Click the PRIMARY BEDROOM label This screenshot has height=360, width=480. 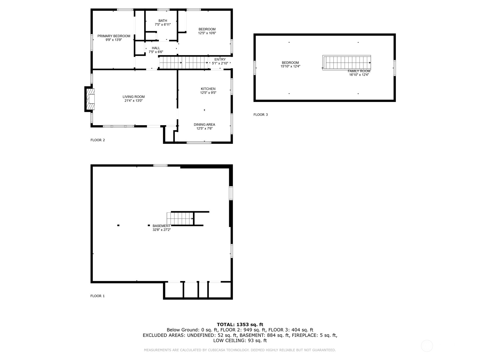[114, 36]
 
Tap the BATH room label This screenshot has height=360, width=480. [163, 21]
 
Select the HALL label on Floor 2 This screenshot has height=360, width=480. [156, 48]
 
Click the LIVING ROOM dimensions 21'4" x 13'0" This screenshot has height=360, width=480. [133, 101]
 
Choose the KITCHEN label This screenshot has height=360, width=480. [208, 89]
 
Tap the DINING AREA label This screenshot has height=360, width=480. [204, 124]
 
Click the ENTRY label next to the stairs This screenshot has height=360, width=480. [220, 59]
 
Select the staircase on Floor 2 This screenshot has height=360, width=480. [184, 63]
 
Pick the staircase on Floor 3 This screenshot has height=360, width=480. [346, 63]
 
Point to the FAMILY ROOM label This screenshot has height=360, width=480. [359, 71]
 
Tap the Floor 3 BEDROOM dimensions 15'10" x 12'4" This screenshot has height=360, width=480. [290, 66]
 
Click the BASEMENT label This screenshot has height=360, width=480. [161, 226]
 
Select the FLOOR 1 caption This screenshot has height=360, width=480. [97, 296]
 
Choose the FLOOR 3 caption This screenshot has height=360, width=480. [260, 115]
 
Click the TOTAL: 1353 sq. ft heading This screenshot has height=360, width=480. [240, 325]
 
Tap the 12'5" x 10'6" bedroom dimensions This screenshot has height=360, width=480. [207, 33]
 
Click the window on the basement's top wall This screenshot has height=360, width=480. [160, 166]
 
